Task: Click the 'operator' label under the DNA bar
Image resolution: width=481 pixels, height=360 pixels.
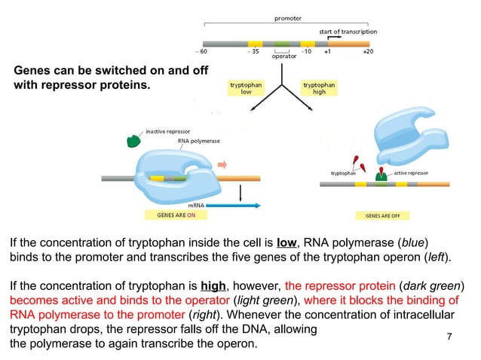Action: (x=283, y=56)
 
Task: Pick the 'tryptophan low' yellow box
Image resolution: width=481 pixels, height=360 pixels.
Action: (x=246, y=89)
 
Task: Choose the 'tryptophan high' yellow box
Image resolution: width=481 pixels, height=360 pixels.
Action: (x=319, y=89)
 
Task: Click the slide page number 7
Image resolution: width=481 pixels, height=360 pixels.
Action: (x=450, y=335)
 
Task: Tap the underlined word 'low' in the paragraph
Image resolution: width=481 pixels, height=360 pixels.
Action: (x=286, y=243)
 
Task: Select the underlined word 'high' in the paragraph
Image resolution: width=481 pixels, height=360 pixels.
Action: (x=213, y=286)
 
